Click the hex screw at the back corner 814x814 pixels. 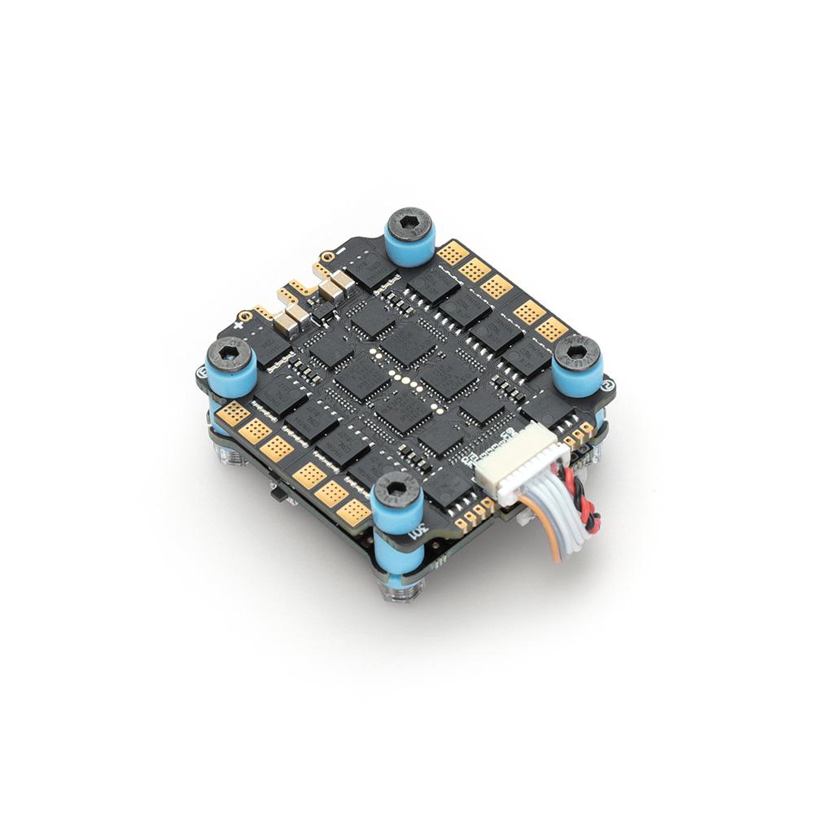(x=409, y=222)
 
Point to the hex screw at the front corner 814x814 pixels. (x=396, y=488)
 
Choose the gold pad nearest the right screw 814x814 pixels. (x=552, y=329)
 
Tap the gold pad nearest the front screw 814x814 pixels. (x=354, y=510)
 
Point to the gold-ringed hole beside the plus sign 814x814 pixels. (x=243, y=313)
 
